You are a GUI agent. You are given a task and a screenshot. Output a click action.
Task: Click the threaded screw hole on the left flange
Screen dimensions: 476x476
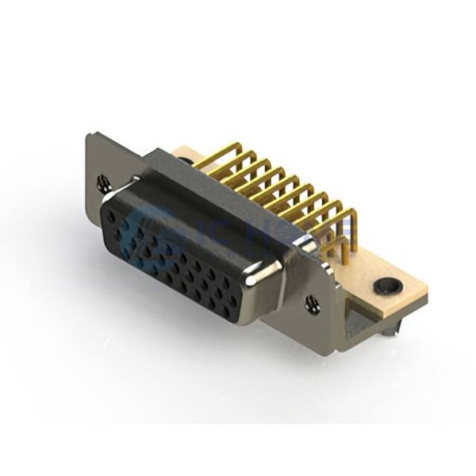click(102, 184)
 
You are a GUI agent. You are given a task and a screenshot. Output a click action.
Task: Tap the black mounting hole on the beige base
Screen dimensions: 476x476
click(388, 284)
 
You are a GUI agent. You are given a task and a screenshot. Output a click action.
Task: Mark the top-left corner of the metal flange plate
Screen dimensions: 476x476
click(90, 136)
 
